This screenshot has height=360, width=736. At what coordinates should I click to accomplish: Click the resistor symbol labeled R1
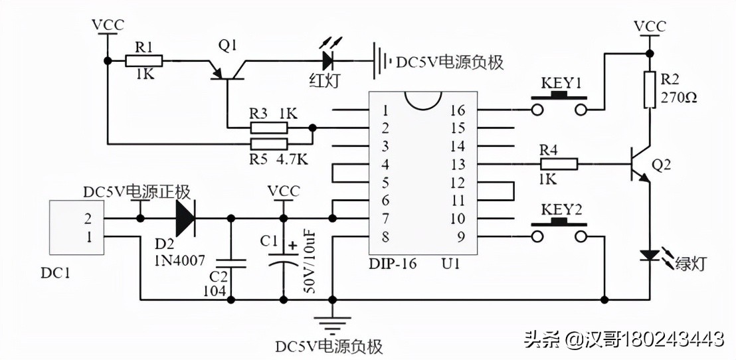144,61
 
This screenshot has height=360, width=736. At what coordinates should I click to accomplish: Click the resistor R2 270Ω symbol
649,90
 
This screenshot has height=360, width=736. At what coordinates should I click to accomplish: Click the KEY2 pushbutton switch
559,229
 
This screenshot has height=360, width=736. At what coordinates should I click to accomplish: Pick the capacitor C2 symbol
231,264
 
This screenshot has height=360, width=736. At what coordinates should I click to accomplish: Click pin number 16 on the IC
458,110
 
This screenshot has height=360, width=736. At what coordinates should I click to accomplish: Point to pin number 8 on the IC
385,237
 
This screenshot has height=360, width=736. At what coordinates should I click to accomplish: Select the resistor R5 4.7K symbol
269,144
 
